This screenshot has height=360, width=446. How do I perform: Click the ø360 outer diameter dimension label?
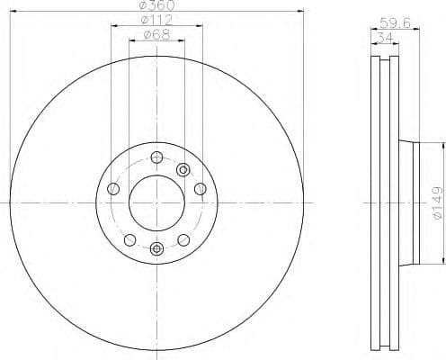[x=156, y=6]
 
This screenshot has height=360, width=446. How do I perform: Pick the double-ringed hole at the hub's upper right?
[x=183, y=168]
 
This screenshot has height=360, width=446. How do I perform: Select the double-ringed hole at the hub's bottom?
[x=156, y=248]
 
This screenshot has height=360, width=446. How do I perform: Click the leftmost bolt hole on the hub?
[x=113, y=189]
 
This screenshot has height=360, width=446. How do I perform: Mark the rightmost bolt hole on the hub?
[x=199, y=189]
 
